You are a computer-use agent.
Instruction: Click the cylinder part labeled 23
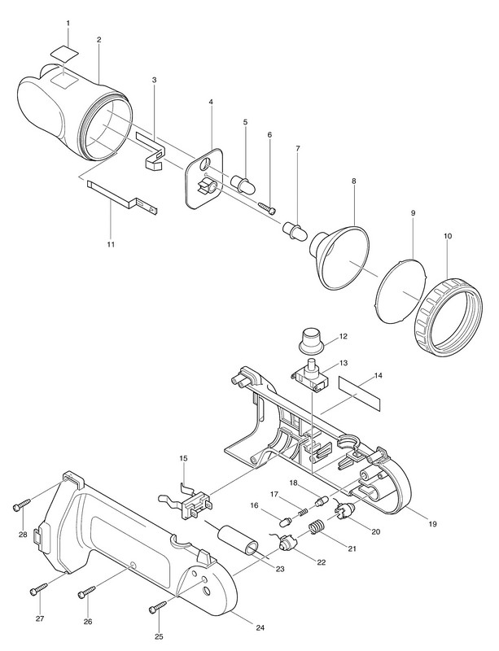(243, 541)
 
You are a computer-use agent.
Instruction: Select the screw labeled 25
(158, 605)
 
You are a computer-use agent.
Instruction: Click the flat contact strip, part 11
(121, 197)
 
